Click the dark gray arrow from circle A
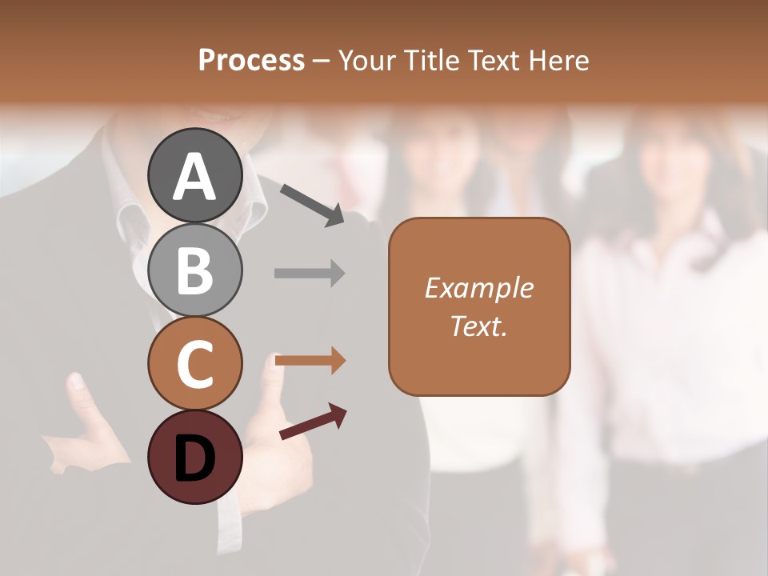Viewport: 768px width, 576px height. pyautogui.click(x=313, y=205)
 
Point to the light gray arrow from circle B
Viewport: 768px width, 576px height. pyautogui.click(x=310, y=273)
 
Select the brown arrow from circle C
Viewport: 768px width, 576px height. pyautogui.click(x=310, y=361)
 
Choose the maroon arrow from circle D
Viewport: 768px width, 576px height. pyautogui.click(x=313, y=422)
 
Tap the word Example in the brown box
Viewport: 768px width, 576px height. pyautogui.click(x=479, y=288)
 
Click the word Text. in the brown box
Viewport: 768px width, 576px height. pyautogui.click(x=479, y=326)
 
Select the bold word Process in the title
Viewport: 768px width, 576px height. pyautogui.click(x=251, y=60)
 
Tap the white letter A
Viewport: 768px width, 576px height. pyautogui.click(x=195, y=176)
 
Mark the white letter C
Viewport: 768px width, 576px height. pyautogui.click(x=195, y=364)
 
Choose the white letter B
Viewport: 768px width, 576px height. pyautogui.click(x=195, y=270)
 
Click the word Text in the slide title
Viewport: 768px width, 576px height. pyautogui.click(x=494, y=60)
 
